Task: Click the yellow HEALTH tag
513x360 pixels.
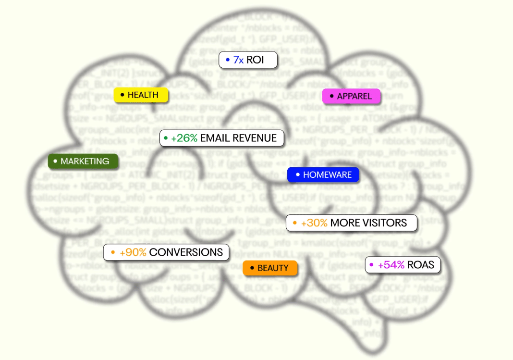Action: pos(141,95)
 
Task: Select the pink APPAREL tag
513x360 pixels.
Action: pos(351,96)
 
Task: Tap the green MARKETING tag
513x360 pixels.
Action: pos(83,161)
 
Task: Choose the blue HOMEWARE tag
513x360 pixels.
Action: pos(323,175)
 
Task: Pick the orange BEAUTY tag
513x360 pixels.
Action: pos(270,268)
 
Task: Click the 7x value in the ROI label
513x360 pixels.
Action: pos(238,60)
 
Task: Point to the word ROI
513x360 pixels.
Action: pos(255,60)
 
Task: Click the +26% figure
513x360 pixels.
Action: pos(184,138)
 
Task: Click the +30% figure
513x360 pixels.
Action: pos(314,223)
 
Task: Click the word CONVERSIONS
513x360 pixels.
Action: pos(186,252)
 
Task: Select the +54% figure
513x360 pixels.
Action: pos(391,265)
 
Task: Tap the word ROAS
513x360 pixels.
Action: pos(420,265)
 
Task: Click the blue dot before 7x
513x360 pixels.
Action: pos(228,60)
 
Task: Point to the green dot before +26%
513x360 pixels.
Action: pos(166,138)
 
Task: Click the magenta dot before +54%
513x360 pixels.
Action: pos(371,265)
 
